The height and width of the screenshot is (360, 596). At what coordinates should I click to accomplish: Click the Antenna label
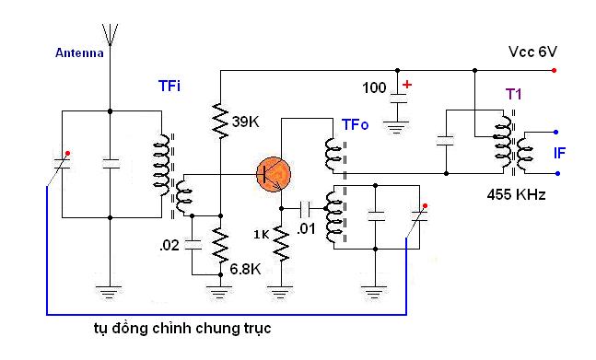[x=79, y=52]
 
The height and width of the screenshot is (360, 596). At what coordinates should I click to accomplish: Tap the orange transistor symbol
[x=274, y=175]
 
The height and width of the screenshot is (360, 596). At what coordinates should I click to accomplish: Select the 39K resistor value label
[x=246, y=122]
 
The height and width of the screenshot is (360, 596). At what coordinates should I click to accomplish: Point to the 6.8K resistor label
[x=246, y=269]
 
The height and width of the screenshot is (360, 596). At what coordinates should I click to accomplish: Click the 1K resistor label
[x=262, y=235]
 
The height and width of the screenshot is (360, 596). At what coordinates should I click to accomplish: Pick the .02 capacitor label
[x=169, y=245]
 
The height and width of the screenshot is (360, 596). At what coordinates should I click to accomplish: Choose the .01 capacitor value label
[x=306, y=228]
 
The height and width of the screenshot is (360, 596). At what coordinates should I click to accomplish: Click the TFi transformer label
[x=169, y=86]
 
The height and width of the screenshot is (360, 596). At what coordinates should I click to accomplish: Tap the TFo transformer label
[x=355, y=124]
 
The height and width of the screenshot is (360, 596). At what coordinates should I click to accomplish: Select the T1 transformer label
[x=513, y=94]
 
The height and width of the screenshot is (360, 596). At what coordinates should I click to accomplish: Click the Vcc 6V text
[x=532, y=52]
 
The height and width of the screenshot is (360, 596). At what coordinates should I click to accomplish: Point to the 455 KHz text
[x=516, y=195]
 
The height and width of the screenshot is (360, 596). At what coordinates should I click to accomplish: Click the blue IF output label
[x=559, y=153]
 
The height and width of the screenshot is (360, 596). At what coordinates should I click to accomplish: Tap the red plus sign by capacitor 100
[x=407, y=85]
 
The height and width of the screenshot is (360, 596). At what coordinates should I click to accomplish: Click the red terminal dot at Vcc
[x=555, y=70]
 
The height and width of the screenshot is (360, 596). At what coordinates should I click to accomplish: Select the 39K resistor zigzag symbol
[x=220, y=120]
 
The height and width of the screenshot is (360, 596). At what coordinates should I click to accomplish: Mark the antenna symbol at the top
[x=111, y=35]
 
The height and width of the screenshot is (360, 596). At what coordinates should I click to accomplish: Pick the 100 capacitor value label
[x=374, y=88]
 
